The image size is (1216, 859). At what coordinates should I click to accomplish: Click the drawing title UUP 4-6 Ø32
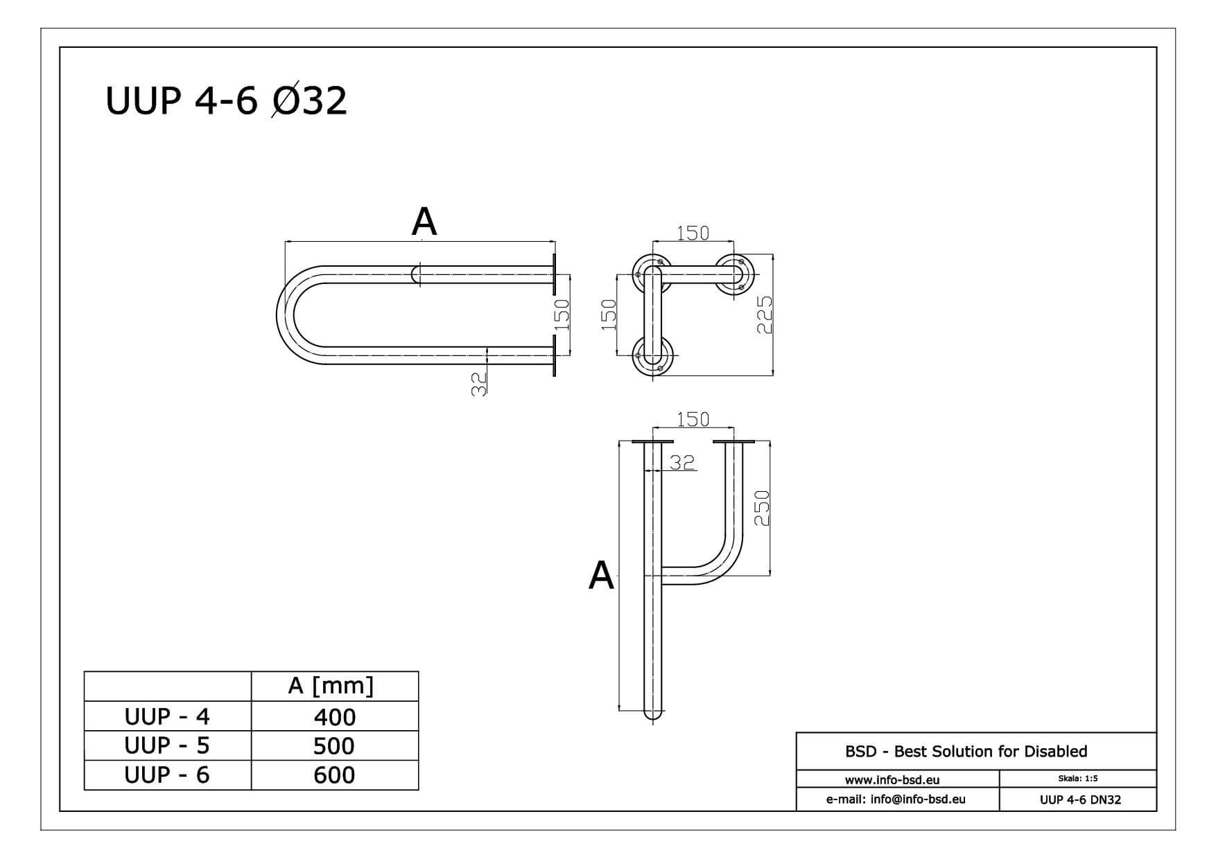point(226,100)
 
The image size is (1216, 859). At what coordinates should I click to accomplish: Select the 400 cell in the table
point(335,716)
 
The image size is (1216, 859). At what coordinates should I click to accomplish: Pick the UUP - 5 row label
point(167,745)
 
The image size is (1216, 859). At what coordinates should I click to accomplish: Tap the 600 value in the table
point(335,774)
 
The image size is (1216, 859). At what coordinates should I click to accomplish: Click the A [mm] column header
point(331,686)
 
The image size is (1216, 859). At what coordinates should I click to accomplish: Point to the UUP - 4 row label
point(167,716)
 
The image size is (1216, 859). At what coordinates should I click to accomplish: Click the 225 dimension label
point(764,315)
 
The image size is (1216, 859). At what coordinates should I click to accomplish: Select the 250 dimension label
point(762,508)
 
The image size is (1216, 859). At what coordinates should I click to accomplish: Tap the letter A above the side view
point(424,222)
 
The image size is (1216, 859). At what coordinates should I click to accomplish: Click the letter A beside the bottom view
point(601,576)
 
